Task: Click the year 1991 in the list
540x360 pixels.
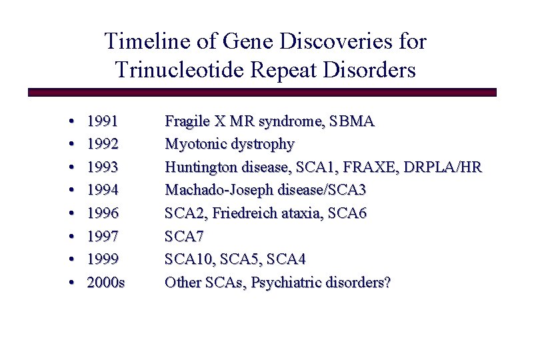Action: coord(103,121)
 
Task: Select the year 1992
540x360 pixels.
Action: coord(103,144)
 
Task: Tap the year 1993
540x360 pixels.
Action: coord(103,167)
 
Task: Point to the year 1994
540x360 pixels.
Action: coord(103,190)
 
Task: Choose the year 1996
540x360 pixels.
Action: coord(103,213)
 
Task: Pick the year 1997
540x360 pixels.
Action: coord(103,236)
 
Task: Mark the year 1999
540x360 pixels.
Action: coord(103,259)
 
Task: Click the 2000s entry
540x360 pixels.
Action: coord(106,282)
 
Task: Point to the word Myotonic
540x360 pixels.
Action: coord(194,144)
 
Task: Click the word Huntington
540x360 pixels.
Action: coord(199,167)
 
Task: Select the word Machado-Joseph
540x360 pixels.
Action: coord(213,190)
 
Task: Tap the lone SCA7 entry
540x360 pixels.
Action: coord(184,236)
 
